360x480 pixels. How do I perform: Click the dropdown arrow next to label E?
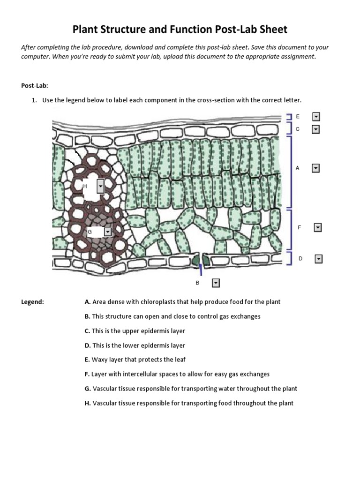[x=315, y=117]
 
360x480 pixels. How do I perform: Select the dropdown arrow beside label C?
[x=315, y=129]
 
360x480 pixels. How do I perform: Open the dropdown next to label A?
[x=315, y=168]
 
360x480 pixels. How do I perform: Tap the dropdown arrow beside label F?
[x=318, y=227]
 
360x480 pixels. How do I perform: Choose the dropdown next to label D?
[x=318, y=259]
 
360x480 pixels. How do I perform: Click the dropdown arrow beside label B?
[x=216, y=283]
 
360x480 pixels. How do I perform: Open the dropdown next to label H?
[x=100, y=186]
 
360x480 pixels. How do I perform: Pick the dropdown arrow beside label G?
[x=108, y=232]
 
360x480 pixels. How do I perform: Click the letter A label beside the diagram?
[x=297, y=168]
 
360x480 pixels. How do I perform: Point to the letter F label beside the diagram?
[x=300, y=227]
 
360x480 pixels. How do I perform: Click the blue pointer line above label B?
[x=201, y=269]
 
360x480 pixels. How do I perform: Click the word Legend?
[x=33, y=302]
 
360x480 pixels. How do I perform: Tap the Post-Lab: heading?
[x=35, y=85]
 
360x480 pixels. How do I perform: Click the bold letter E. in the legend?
[x=87, y=360]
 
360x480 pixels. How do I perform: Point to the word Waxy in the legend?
[x=99, y=360]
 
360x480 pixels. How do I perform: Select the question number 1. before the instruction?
[x=35, y=100]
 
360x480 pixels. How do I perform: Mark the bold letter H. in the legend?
[x=88, y=403]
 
